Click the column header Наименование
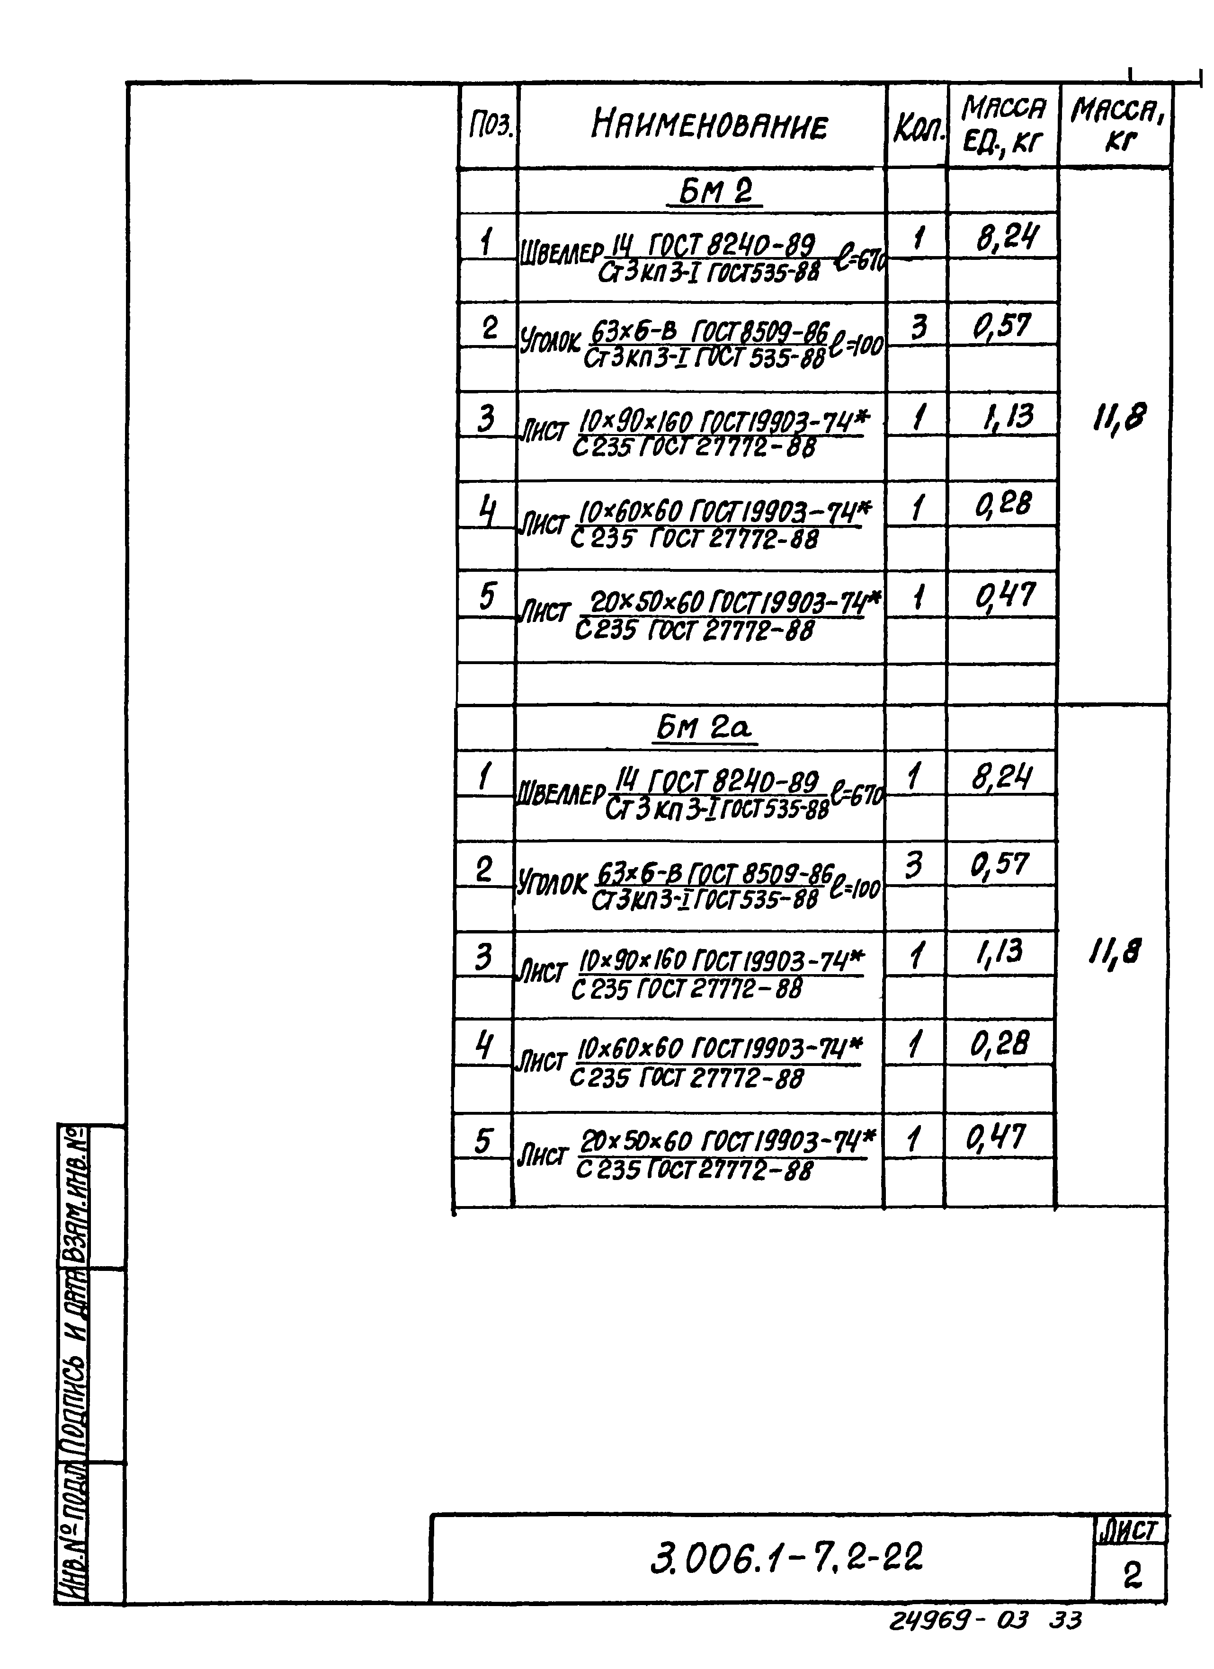(708, 125)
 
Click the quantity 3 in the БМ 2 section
(919, 327)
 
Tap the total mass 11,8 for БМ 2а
(1115, 954)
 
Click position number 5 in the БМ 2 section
(487, 596)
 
